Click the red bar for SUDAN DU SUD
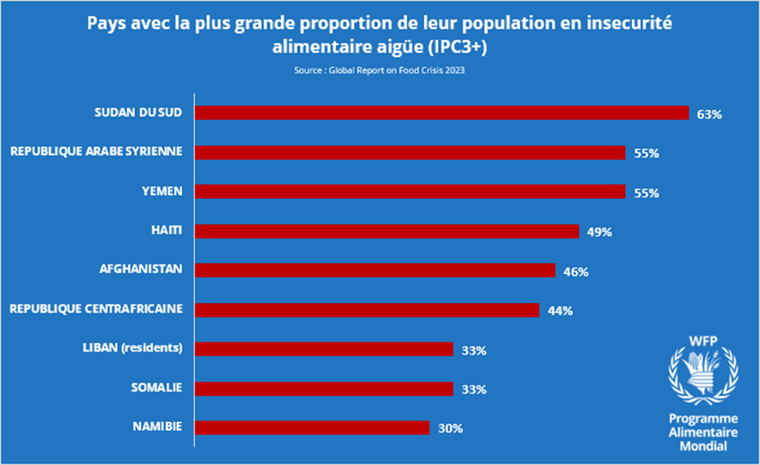coord(441,113)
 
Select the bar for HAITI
coord(387,231)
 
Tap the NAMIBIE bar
coord(312,428)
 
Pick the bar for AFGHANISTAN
coord(375,270)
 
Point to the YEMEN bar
coord(410,192)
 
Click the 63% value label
coord(709,115)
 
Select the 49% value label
coord(599,232)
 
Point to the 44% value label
coord(560,311)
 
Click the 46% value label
coord(575,272)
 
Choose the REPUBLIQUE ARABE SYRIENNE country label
coord(96,151)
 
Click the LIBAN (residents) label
coord(133,348)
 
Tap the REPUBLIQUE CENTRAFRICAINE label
coord(96,309)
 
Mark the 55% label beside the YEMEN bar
coord(646,193)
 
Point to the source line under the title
coord(380,70)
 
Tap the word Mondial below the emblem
coord(703,446)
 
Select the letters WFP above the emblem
coord(703,341)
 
